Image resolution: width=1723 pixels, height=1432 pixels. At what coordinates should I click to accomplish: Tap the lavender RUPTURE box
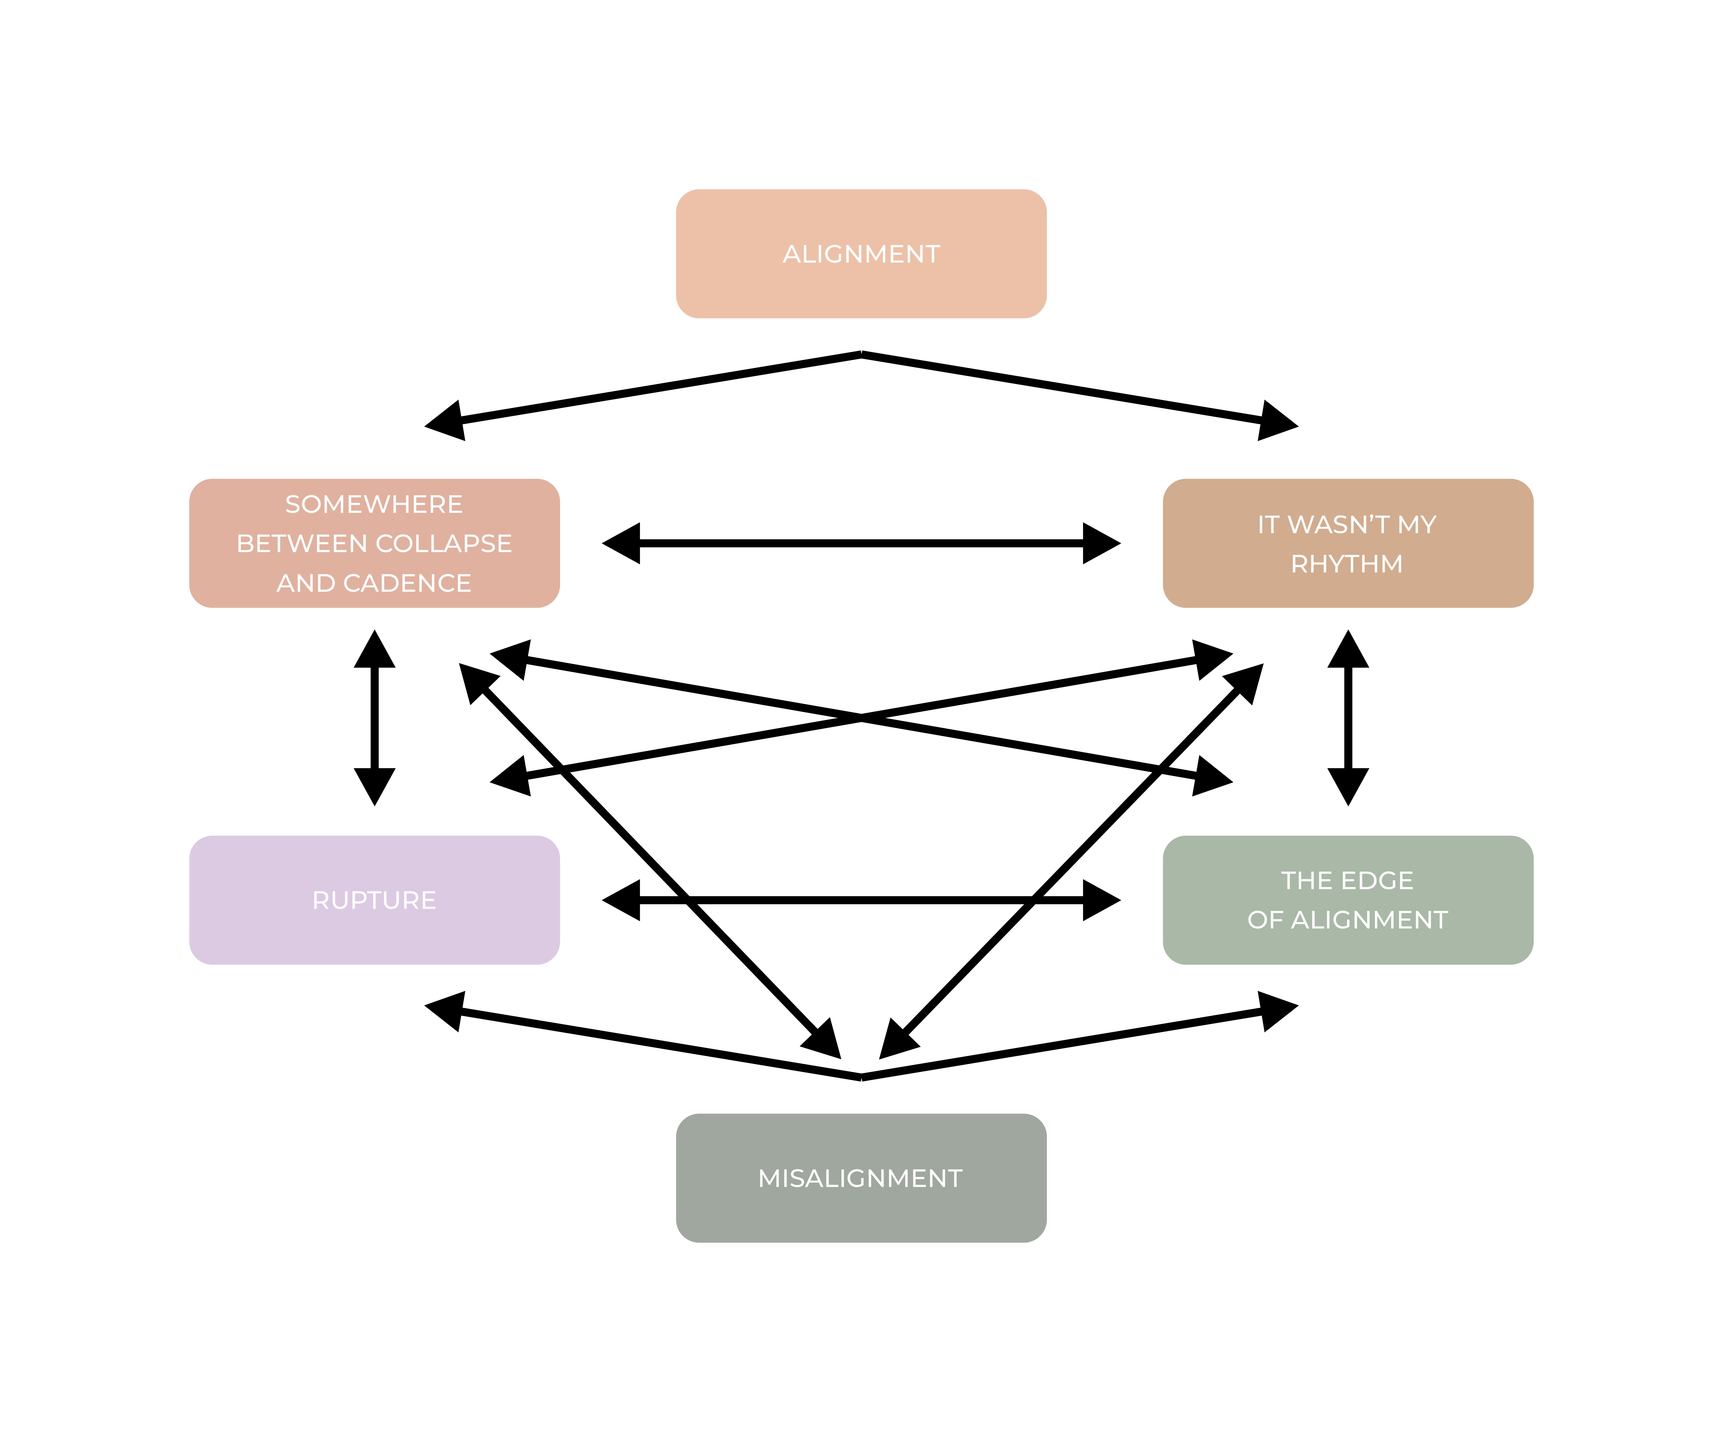pos(374,900)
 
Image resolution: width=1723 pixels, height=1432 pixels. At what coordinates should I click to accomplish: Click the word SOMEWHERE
pos(374,504)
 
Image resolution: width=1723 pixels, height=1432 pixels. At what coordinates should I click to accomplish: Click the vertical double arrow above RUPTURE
pos(374,718)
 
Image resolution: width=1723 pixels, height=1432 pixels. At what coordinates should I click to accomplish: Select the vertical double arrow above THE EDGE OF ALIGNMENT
pos(1348,718)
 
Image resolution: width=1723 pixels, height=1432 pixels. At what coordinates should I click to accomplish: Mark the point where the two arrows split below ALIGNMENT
pos(861,355)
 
